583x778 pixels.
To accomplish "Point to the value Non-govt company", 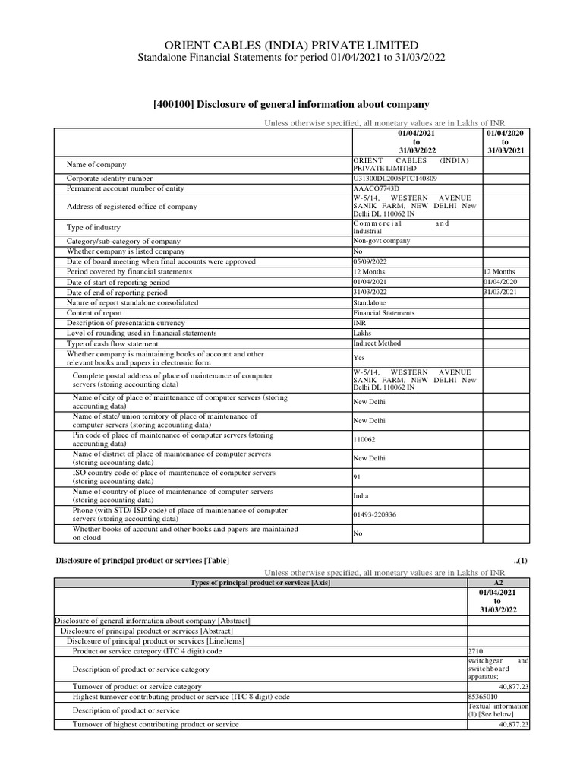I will [382, 241].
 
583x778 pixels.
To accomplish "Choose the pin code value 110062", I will [364, 439].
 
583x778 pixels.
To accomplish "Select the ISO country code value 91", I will [358, 477].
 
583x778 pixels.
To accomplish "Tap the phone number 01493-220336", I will [375, 514].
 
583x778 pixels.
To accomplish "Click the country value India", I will [361, 496].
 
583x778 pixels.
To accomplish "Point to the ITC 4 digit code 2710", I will [477, 651].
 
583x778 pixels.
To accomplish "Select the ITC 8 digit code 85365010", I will [484, 696].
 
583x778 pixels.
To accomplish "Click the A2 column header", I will [497, 582].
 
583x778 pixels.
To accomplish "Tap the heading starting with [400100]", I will [291, 104].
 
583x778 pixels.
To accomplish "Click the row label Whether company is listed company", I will [125, 251].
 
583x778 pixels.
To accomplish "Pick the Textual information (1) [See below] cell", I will [498, 710].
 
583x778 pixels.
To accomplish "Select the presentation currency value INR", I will [360, 323].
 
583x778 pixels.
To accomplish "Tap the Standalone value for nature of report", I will [370, 302].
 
